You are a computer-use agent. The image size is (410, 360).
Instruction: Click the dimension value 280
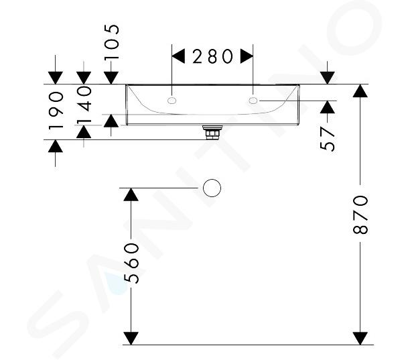click(x=212, y=56)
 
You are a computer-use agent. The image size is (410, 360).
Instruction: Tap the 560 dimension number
click(x=132, y=263)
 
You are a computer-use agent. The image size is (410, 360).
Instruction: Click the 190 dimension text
click(x=56, y=110)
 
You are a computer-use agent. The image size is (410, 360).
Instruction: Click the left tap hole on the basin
click(x=172, y=101)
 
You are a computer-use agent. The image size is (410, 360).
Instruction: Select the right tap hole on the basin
click(x=254, y=101)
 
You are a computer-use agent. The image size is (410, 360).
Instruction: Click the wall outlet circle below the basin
click(x=212, y=188)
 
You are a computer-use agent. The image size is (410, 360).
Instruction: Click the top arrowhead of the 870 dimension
click(x=360, y=91)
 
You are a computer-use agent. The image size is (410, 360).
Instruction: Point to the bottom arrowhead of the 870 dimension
click(x=360, y=337)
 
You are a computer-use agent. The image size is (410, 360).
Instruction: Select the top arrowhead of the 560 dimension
click(x=132, y=195)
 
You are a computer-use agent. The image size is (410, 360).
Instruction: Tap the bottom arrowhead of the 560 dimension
click(x=132, y=337)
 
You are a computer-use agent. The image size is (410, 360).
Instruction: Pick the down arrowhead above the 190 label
click(x=56, y=77)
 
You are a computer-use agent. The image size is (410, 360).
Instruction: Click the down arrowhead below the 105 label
click(x=112, y=77)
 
